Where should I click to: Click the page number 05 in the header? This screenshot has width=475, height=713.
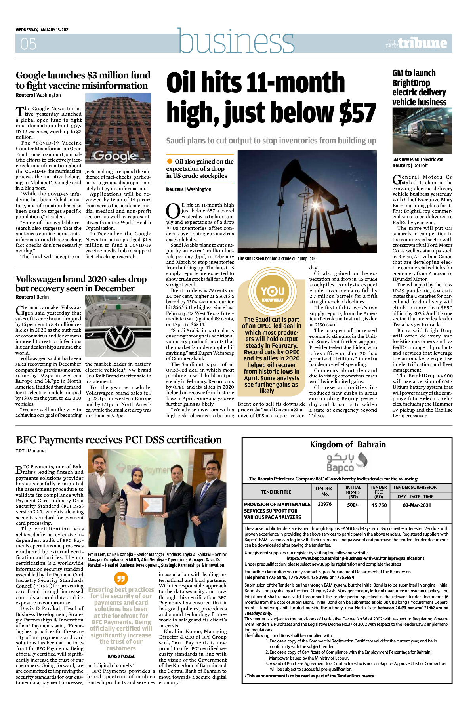(28, 44)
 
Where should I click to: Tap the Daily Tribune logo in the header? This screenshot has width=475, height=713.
(417, 43)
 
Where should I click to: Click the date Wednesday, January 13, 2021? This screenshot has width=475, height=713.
(43, 30)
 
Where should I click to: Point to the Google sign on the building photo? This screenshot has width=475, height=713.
(115, 156)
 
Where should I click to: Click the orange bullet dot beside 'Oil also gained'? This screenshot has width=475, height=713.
(170, 161)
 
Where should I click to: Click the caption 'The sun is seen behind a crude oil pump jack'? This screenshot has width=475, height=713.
(277, 259)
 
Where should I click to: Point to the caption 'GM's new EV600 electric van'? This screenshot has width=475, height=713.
(418, 160)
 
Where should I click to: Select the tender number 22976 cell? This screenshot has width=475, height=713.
(325, 504)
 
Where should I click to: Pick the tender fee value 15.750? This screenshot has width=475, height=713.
(379, 505)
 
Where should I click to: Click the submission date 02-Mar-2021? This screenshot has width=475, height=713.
(417, 505)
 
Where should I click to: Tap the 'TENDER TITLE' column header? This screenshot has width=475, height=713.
(276, 492)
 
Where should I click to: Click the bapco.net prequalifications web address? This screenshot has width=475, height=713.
(355, 558)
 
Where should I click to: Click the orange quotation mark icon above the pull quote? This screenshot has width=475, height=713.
(120, 578)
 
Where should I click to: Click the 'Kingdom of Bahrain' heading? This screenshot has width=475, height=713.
(347, 444)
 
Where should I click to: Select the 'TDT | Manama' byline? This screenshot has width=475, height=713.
(31, 451)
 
